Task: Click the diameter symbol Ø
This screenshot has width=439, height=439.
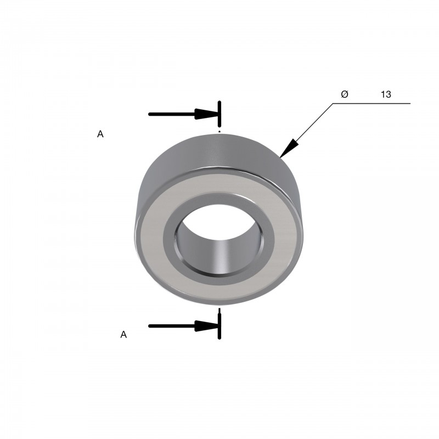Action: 345,94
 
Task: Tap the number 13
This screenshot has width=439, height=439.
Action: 386,94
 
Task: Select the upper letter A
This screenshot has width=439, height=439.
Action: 100,134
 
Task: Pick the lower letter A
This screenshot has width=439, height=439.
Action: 123,334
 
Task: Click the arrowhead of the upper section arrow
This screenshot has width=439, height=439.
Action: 206,114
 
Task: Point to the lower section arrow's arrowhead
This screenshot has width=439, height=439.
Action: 206,326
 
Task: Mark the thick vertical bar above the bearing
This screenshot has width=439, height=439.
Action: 219,114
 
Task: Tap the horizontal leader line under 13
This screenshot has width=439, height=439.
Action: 372,103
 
